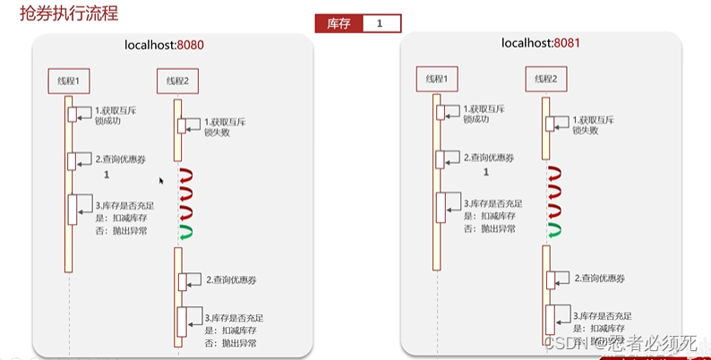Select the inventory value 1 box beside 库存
(380, 23)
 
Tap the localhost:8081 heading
(535, 43)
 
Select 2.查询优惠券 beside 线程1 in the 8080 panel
(121, 159)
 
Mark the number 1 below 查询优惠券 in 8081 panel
(486, 171)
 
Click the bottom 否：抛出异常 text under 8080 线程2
(230, 342)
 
